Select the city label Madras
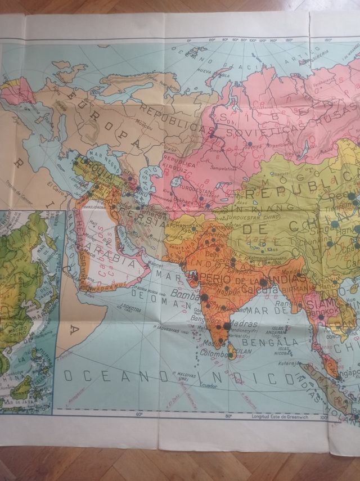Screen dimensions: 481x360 pos(243,324)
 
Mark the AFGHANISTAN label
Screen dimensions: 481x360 pos(182,229)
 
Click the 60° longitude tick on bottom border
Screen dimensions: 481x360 pos(138,415)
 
